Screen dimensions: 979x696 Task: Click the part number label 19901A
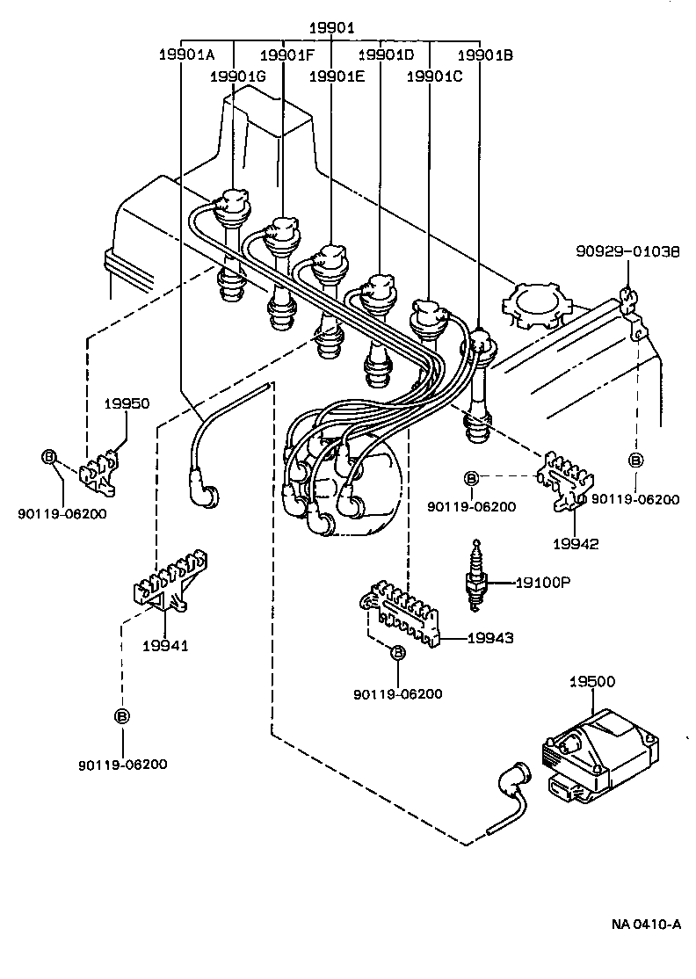pos(186,54)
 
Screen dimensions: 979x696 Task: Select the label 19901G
pos(238,76)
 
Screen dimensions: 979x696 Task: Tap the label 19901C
pos(434,76)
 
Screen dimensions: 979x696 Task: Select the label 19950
pos(127,404)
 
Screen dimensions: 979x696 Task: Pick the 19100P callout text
pos(544,582)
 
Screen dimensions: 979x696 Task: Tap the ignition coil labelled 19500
pos(598,755)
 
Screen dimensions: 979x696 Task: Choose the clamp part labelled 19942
pos(567,480)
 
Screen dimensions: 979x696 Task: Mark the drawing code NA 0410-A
pos(646,924)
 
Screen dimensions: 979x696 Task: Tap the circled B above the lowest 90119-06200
pos(122,716)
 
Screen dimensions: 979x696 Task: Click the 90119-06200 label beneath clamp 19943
pos(398,694)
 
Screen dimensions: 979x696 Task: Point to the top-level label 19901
pos(331,28)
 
